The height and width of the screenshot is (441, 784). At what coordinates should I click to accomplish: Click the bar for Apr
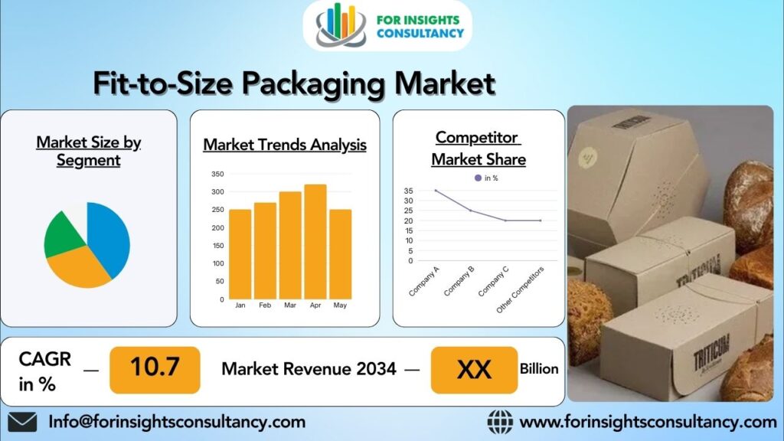(x=315, y=242)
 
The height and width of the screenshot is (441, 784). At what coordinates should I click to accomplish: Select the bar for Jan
(x=240, y=254)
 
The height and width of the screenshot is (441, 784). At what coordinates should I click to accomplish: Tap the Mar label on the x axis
(x=290, y=305)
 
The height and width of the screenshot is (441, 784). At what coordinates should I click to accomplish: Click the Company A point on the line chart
(x=436, y=191)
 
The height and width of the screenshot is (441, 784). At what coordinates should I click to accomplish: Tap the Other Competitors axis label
(x=521, y=289)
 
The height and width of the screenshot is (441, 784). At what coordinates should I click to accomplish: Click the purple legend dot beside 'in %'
(x=479, y=178)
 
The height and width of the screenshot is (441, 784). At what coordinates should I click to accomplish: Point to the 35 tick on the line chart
(x=407, y=191)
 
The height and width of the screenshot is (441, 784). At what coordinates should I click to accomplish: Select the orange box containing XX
(x=474, y=370)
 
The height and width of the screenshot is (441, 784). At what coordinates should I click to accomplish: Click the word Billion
(x=539, y=369)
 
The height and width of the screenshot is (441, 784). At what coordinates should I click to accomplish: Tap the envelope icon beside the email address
(x=22, y=422)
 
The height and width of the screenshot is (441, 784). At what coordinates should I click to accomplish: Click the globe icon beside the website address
(x=500, y=422)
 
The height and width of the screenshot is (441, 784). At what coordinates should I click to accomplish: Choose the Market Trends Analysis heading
(x=285, y=145)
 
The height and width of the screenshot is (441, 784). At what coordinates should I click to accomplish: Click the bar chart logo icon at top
(x=340, y=26)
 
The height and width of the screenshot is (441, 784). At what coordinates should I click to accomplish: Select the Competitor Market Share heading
(x=478, y=148)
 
